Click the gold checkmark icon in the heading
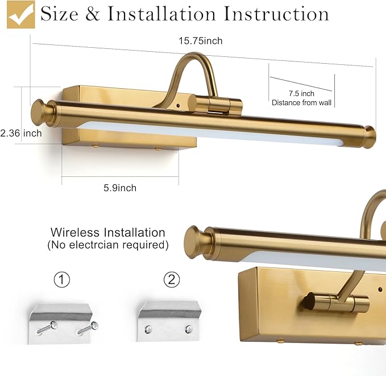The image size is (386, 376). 21,14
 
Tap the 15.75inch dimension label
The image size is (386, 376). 201,40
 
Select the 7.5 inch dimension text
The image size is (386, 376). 301,93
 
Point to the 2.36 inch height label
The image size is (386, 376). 21,133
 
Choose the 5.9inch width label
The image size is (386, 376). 120,188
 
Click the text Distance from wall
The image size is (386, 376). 301,103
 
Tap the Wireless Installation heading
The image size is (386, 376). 108,232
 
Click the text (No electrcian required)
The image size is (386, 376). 108,245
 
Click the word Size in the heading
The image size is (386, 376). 60,14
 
